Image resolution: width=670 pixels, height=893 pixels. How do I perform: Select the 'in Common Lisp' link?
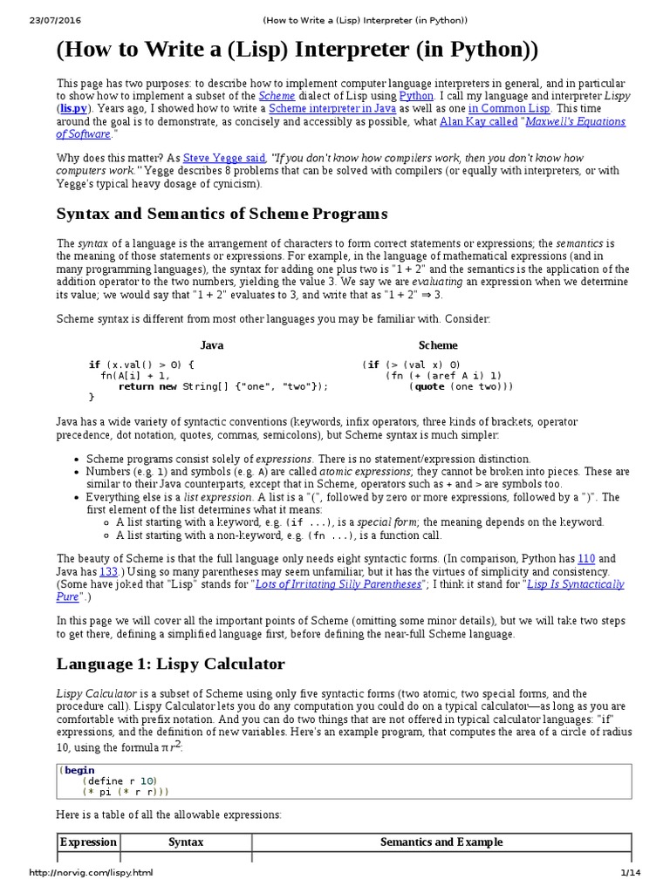[509, 108]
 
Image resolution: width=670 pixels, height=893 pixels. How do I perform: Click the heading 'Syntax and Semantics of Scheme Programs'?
[222, 214]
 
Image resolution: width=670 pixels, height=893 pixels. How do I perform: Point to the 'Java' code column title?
[212, 345]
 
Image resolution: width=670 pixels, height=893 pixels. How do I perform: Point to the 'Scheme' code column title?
[438, 345]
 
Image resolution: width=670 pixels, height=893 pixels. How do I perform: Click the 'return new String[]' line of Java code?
[223, 386]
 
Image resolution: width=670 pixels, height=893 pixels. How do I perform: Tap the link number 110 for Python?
[586, 558]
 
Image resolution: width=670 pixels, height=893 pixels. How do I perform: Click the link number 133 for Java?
[109, 571]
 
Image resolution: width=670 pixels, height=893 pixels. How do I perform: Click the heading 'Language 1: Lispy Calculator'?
[171, 664]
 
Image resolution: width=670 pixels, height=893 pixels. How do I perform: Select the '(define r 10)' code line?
[120, 780]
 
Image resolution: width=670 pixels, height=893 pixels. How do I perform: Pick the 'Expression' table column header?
[87, 842]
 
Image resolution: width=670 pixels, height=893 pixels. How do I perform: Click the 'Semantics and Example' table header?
[441, 842]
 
